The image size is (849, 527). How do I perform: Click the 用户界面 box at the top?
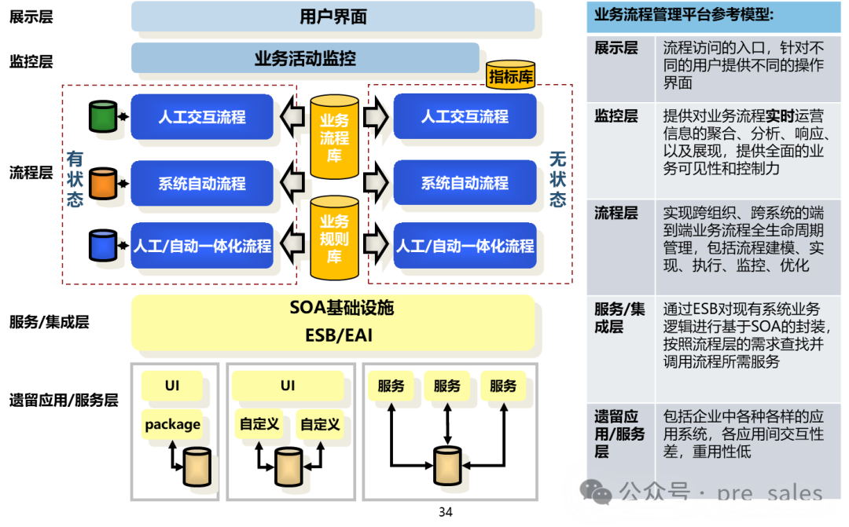333,16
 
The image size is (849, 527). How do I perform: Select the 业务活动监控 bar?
305,58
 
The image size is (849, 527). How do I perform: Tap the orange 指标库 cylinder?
510,75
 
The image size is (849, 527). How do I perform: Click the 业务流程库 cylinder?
334,137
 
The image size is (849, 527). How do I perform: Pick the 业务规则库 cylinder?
334,238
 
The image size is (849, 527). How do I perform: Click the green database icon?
103,116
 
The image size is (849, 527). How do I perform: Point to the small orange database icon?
103,183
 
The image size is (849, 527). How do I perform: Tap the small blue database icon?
103,245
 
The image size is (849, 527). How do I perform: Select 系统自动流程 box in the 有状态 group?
202,184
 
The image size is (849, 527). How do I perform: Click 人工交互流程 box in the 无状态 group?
465,117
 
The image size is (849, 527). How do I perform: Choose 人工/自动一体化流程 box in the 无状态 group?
465,246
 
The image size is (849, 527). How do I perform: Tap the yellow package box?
172,424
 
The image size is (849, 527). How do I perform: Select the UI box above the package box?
172,386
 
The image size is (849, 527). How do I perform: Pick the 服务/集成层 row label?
619,317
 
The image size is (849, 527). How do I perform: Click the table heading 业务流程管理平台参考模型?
683,14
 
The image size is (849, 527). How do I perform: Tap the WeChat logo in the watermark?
595,492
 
